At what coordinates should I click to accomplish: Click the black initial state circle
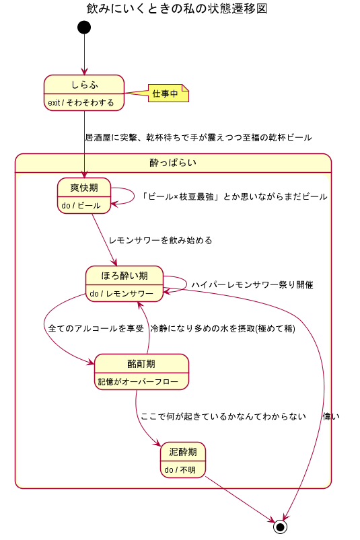tap(84, 27)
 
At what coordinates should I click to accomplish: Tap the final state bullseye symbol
tap(281, 526)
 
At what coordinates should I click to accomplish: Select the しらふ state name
tap(84, 84)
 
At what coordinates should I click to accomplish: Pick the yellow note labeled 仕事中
tap(165, 94)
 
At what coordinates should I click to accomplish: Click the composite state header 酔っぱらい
tap(173, 163)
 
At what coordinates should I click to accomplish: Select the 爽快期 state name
tap(84, 188)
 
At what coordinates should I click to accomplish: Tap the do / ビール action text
tap(81, 206)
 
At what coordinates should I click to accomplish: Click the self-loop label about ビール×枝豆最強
tap(234, 197)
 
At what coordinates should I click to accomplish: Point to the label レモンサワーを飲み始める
tap(160, 240)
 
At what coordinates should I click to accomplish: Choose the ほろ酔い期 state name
tap(124, 275)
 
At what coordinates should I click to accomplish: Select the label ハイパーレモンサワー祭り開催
tap(252, 284)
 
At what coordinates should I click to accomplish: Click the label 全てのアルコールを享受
tap(96, 329)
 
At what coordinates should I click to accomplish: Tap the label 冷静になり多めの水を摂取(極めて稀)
tap(223, 329)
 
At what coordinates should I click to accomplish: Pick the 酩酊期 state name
tap(141, 364)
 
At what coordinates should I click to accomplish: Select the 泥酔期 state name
tap(182, 452)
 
